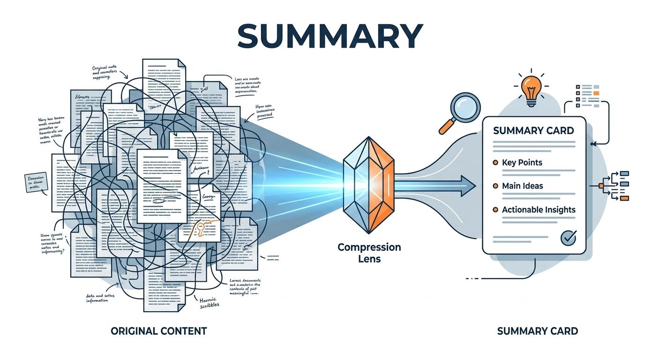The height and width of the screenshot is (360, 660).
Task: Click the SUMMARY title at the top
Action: [330, 35]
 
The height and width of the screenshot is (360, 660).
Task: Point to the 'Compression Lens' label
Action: [369, 252]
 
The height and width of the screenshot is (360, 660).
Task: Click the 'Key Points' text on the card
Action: [522, 163]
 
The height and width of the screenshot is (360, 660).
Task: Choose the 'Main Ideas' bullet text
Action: [522, 186]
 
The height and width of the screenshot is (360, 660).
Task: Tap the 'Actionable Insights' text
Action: [539, 210]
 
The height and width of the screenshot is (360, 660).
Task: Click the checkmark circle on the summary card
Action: [569, 237]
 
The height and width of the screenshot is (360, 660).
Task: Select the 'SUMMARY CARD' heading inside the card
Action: [533, 130]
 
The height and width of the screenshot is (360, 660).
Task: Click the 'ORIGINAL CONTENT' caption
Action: [158, 331]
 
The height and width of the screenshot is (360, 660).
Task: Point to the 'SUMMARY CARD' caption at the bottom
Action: [537, 331]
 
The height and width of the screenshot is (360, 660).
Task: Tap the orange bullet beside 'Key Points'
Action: [495, 163]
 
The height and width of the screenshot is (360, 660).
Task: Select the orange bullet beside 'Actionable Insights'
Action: [495, 210]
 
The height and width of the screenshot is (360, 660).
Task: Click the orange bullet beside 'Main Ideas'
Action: [495, 186]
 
